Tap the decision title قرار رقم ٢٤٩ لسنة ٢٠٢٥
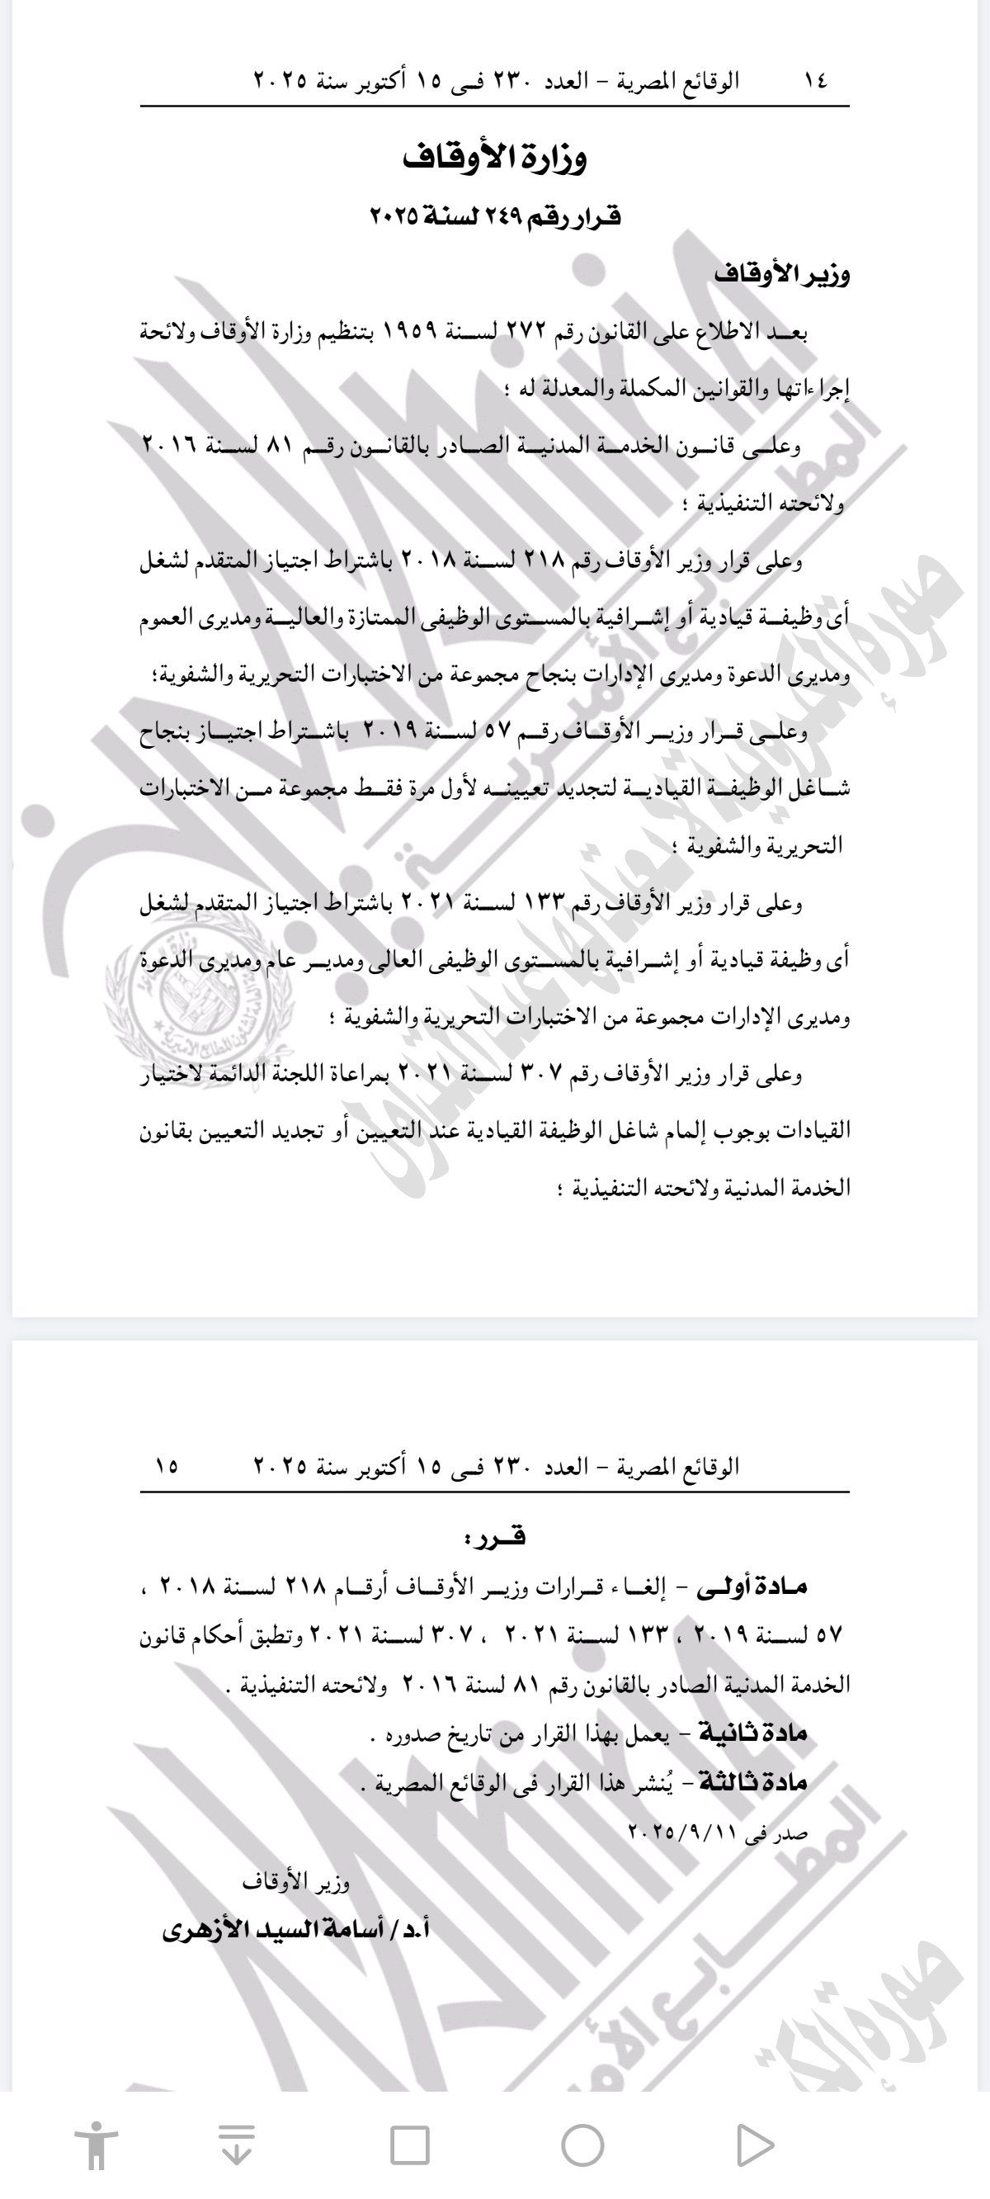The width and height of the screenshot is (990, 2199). [495, 217]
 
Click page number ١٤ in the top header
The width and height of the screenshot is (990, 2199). [814, 81]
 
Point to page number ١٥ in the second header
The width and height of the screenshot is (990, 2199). [167, 1466]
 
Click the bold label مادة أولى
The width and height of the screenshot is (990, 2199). [752, 1586]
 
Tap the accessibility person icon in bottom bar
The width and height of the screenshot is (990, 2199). [97, 2145]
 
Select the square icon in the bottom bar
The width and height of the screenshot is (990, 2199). [409, 2145]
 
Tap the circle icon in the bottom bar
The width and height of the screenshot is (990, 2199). [583, 2145]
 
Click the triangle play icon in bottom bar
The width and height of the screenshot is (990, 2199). [754, 2145]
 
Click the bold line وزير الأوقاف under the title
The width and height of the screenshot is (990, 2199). [782, 275]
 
